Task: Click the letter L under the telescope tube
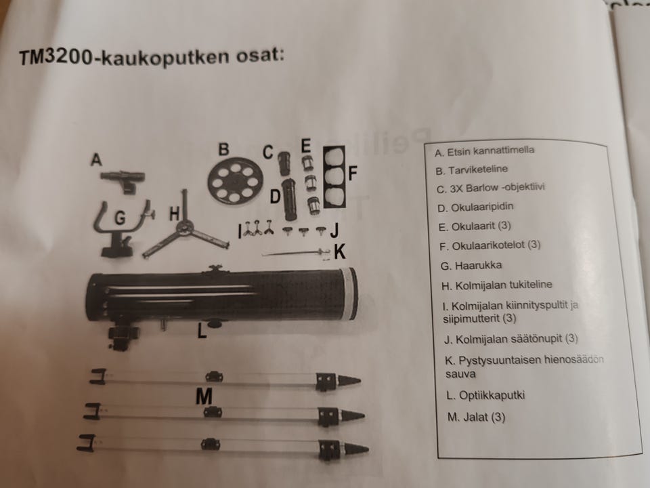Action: pyautogui.click(x=202, y=333)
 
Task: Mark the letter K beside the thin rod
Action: pyautogui.click(x=340, y=252)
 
